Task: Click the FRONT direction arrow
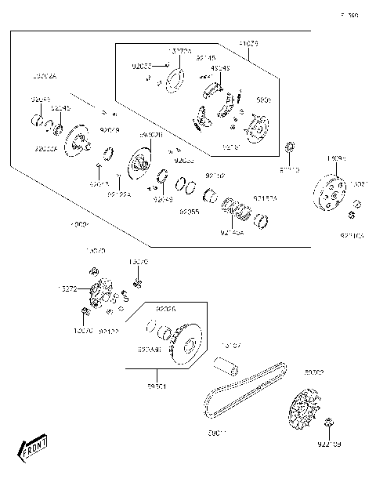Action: pos(32,451)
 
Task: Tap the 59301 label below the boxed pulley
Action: pos(157,386)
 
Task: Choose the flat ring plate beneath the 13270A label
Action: pos(175,78)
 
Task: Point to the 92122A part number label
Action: pos(119,194)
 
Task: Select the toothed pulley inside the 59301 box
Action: pos(186,343)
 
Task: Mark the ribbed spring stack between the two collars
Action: pos(236,208)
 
